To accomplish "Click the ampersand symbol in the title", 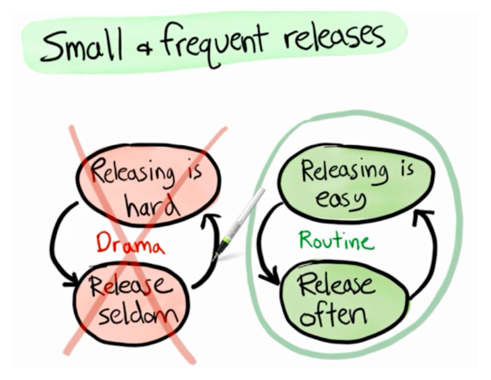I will [x=142, y=47].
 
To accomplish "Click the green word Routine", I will [x=336, y=241].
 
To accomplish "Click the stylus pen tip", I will [x=215, y=257].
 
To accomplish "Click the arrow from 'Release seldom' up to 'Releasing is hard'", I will [x=206, y=257].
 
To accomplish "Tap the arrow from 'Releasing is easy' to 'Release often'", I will [x=263, y=244].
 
